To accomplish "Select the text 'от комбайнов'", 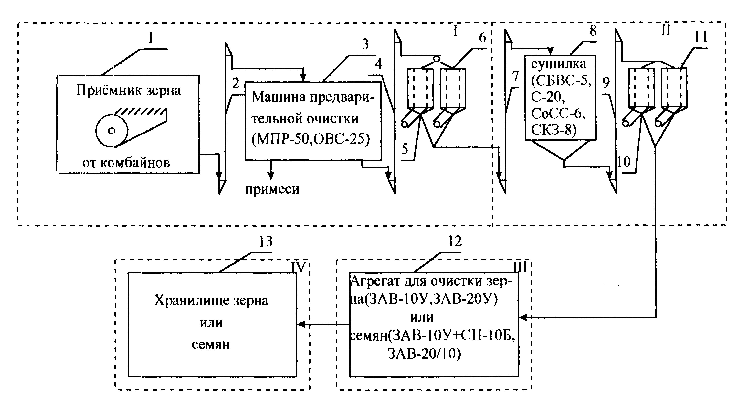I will coord(126,163).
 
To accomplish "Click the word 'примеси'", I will coord(272,189).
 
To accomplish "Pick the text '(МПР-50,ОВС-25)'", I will coord(311,139).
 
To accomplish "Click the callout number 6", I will coord(482,38).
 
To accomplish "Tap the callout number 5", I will coord(405,149).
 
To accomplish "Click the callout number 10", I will coord(624,162).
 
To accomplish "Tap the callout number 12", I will coord(455,241).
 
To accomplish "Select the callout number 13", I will coord(266,241).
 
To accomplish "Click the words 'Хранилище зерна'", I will coord(211,301).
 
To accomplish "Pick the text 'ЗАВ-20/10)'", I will coord(424,354).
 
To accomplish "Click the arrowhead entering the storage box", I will coord(300,324).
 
